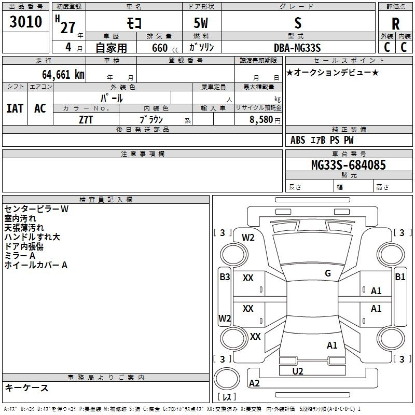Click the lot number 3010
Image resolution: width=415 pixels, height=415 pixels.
25,22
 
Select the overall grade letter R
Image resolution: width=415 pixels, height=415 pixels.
395,24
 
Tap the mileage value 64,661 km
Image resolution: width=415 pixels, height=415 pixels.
63,75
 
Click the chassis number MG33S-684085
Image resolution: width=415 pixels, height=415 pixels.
349,164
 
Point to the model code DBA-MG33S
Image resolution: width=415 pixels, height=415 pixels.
297,48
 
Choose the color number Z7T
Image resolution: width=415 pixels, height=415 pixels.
86,120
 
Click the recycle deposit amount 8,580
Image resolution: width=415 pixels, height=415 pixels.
261,120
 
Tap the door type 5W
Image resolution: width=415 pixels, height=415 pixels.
201,23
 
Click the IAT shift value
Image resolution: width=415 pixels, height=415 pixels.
15,108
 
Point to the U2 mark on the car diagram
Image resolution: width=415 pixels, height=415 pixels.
298,371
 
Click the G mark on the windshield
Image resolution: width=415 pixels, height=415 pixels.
328,273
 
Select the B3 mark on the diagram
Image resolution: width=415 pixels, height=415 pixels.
225,277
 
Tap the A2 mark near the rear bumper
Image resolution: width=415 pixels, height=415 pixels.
254,383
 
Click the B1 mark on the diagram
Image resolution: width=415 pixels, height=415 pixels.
400,277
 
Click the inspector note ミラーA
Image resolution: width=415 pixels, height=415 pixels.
20,256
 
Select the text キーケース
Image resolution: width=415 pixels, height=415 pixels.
27,388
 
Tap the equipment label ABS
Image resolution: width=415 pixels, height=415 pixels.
298,140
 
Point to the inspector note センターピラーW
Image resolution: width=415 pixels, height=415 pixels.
36,209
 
